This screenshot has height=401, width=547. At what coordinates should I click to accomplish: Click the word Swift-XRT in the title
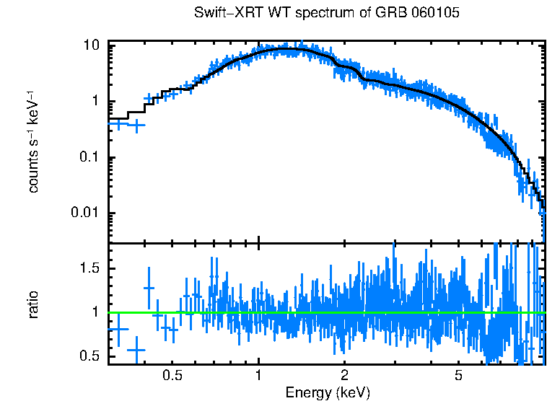point(222,13)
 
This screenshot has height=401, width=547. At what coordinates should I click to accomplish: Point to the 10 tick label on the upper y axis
point(91,45)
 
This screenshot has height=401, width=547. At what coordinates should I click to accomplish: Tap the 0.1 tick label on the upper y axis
point(89,157)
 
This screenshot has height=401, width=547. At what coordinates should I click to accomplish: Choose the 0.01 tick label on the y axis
point(85,213)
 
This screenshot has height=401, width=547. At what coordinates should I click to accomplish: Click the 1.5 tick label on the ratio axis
point(89,268)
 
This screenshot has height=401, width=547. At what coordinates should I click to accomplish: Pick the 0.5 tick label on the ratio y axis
point(89,356)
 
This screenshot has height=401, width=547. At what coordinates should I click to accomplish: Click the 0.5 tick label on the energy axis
point(172,376)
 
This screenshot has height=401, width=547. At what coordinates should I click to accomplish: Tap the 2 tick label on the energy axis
point(344,376)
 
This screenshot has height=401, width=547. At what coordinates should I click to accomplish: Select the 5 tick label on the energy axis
point(458,376)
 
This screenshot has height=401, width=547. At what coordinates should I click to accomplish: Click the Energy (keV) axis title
point(327,392)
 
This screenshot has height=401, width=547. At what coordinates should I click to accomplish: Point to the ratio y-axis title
point(34,304)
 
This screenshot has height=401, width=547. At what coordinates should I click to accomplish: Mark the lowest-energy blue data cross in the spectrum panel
point(119,123)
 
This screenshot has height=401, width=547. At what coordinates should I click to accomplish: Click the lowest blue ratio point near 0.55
point(136,350)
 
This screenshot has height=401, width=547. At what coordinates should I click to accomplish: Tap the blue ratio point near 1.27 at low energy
point(149,288)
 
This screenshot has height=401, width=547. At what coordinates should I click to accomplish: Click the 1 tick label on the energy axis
point(258,376)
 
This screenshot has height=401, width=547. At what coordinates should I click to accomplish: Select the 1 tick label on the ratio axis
point(95,312)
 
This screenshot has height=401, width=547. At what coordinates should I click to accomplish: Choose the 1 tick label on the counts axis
point(95,101)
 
